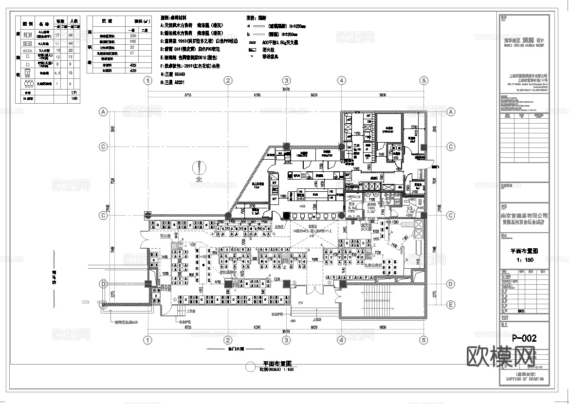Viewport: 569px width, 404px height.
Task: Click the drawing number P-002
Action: [524, 337]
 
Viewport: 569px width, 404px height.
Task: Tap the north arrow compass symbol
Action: [199, 168]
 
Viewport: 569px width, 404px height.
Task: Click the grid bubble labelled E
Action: [450, 305]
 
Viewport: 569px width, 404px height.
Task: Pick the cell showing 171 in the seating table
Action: [74, 92]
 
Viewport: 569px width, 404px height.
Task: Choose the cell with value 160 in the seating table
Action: [74, 98]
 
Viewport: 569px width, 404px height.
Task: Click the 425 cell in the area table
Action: [133, 64]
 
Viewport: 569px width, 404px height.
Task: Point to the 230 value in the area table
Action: [133, 36]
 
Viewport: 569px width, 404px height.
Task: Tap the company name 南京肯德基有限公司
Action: [524, 215]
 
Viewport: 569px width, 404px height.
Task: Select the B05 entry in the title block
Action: [521, 310]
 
